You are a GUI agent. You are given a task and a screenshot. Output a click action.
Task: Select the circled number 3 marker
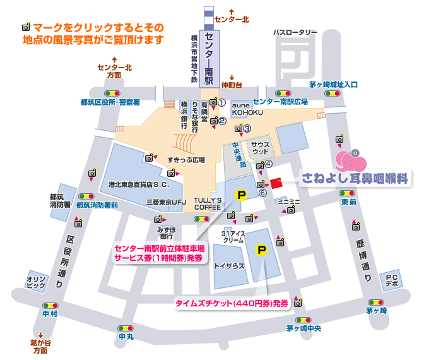(x=247, y=129)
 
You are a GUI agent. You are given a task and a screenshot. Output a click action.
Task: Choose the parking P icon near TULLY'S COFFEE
(x=240, y=196)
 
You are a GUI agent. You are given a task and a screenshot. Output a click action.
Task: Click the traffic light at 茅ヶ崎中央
(x=303, y=320)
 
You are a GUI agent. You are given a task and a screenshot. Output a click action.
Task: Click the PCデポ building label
(x=391, y=280)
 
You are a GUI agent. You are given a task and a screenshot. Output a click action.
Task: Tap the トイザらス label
(x=229, y=266)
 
